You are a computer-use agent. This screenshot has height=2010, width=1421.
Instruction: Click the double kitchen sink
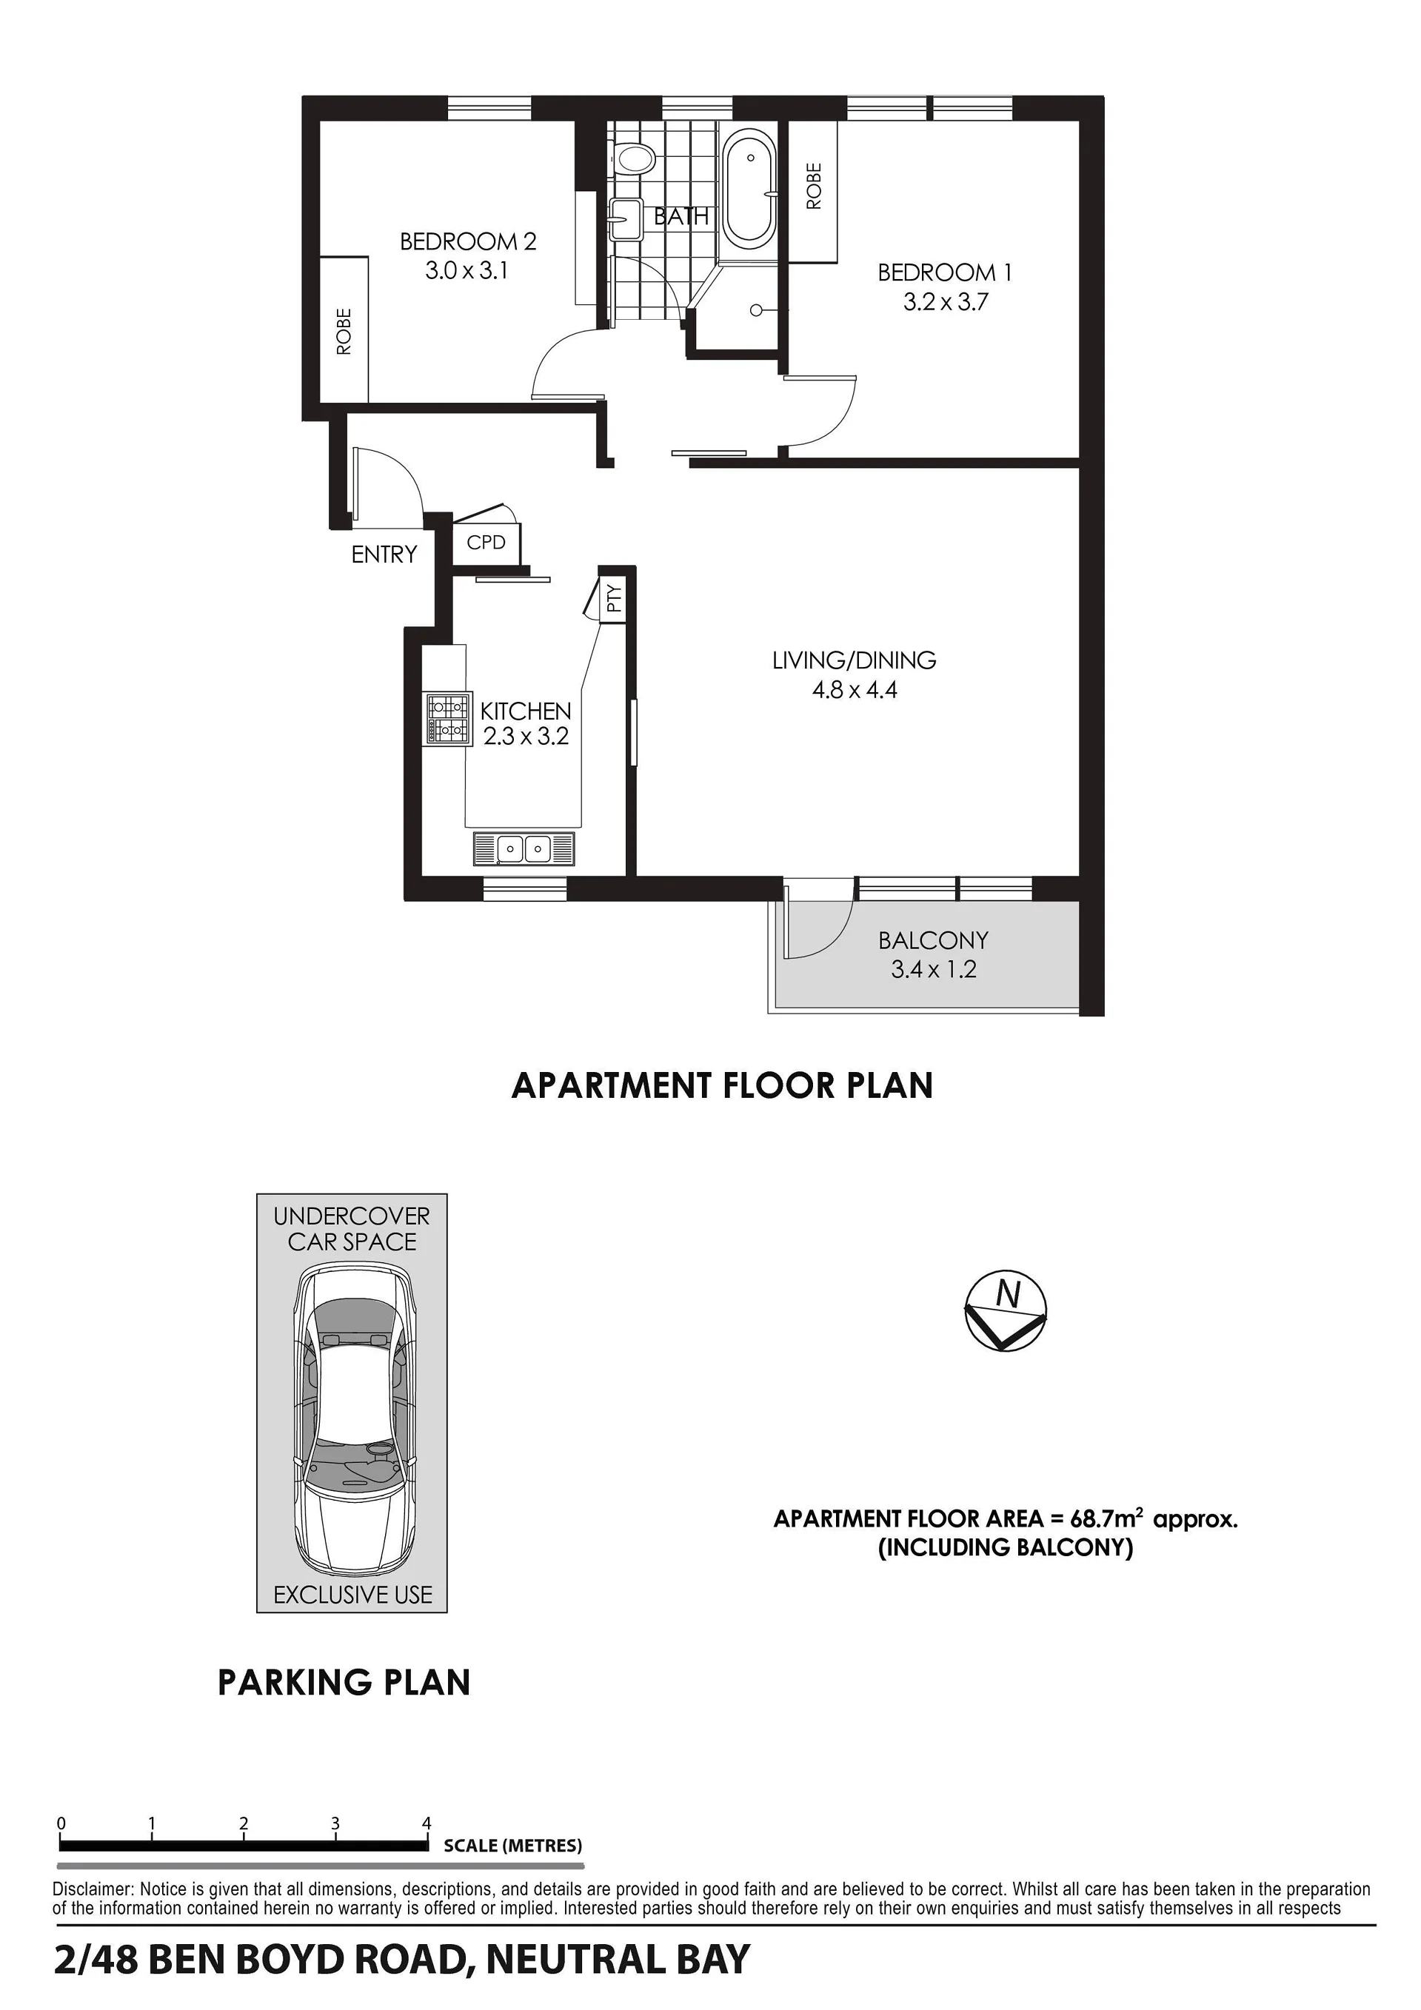pyautogui.click(x=524, y=848)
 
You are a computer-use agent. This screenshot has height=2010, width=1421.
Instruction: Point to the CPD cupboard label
pyautogui.click(x=486, y=543)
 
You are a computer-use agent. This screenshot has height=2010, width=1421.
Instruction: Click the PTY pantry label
pyautogui.click(x=615, y=598)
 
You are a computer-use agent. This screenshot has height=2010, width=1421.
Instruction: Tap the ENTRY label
pyautogui.click(x=384, y=555)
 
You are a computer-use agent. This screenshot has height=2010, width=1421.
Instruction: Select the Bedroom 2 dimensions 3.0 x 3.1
pyautogui.click(x=467, y=270)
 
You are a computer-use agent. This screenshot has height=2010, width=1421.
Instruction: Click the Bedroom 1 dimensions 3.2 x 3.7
pyautogui.click(x=946, y=302)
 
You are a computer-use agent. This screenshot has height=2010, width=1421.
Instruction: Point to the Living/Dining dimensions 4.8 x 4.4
pyautogui.click(x=855, y=690)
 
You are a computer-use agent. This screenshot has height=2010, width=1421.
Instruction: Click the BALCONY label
pyautogui.click(x=933, y=940)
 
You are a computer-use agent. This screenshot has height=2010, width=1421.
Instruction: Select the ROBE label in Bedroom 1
pyautogui.click(x=815, y=186)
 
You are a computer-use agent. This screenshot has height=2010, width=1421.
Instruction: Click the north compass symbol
pyautogui.click(x=1006, y=1310)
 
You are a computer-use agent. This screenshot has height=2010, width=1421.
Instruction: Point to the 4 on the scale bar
pyautogui.click(x=427, y=1823)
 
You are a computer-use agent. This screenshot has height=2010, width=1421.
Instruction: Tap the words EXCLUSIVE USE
pyautogui.click(x=352, y=1595)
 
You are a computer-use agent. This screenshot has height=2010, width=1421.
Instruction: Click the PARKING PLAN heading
pyautogui.click(x=344, y=1683)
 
